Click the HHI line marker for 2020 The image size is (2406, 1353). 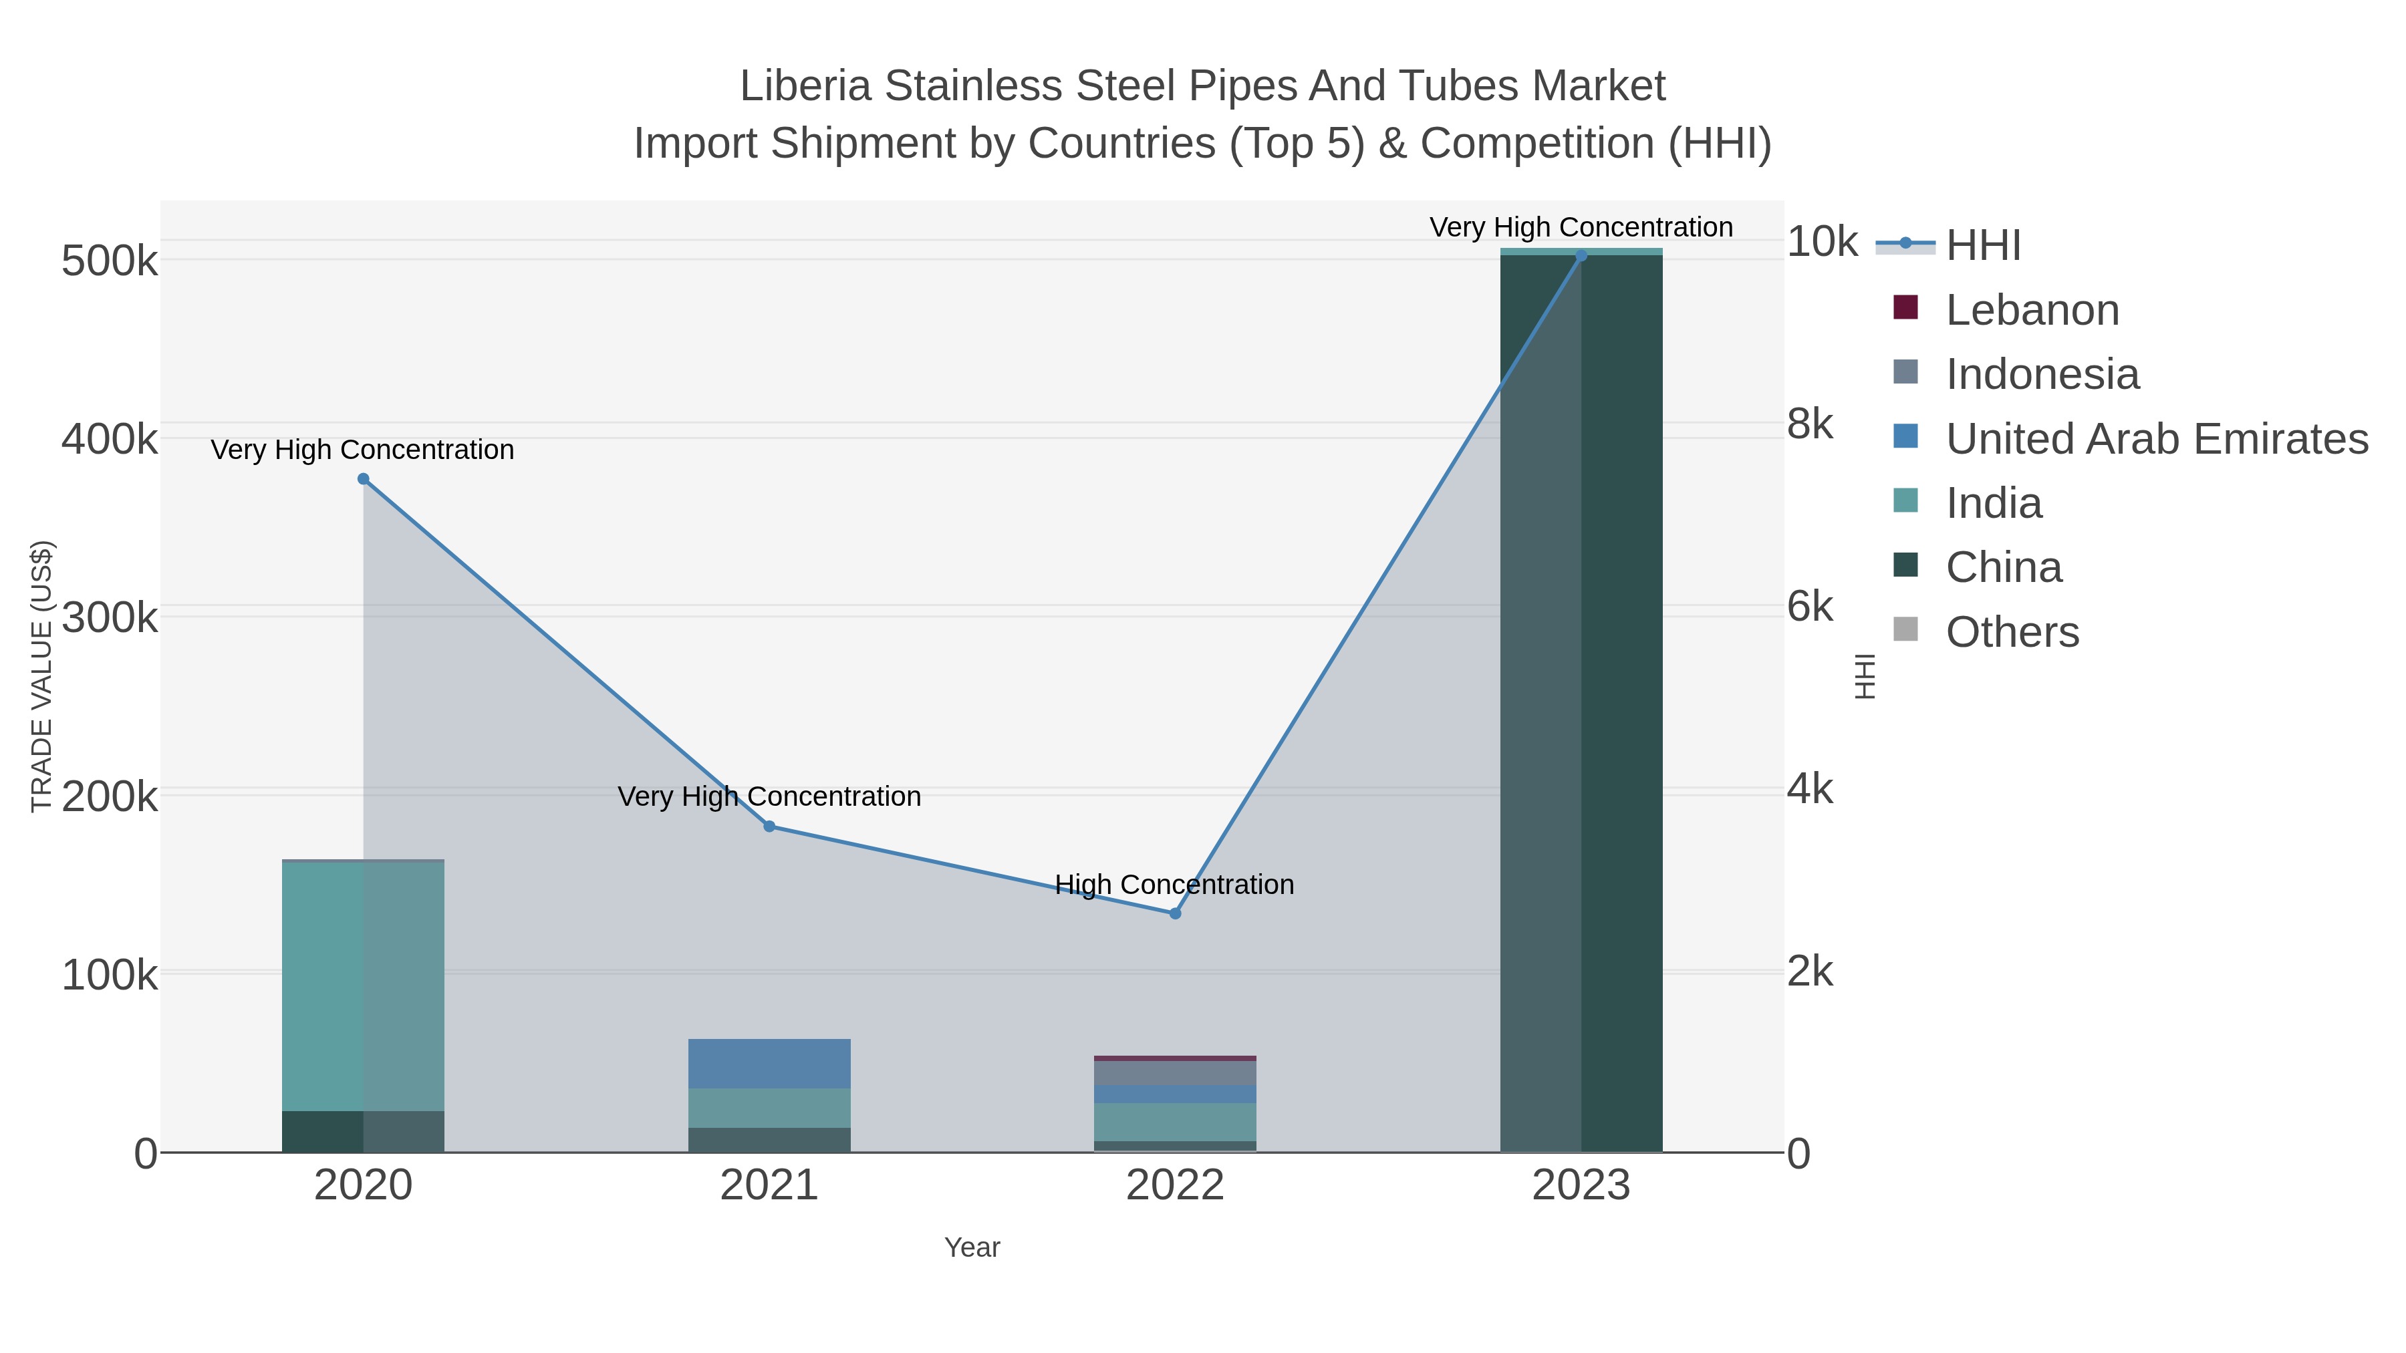pyautogui.click(x=364, y=479)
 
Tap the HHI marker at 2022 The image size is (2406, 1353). pyautogui.click(x=1175, y=913)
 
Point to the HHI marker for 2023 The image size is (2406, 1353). pyautogui.click(x=1581, y=256)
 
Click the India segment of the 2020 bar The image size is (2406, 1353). pyautogui.click(x=364, y=985)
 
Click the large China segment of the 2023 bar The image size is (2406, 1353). pyautogui.click(x=1581, y=700)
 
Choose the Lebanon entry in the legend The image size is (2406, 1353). pyautogui.click(x=2032, y=310)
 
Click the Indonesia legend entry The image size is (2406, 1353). pyautogui.click(x=2042, y=374)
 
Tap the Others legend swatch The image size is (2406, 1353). pyautogui.click(x=1905, y=630)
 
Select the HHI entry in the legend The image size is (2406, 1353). pyautogui.click(x=1983, y=246)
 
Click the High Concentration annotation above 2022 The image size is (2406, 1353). pyautogui.click(x=1174, y=884)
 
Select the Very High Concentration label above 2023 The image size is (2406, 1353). pyautogui.click(x=1581, y=227)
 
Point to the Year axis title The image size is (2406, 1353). pyautogui.click(x=971, y=1247)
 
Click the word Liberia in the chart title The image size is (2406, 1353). pyautogui.click(x=805, y=86)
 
